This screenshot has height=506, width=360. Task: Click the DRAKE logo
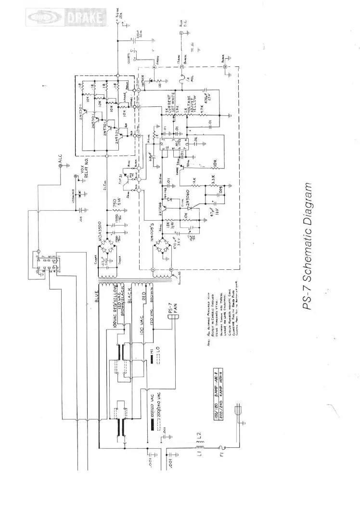66,19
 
